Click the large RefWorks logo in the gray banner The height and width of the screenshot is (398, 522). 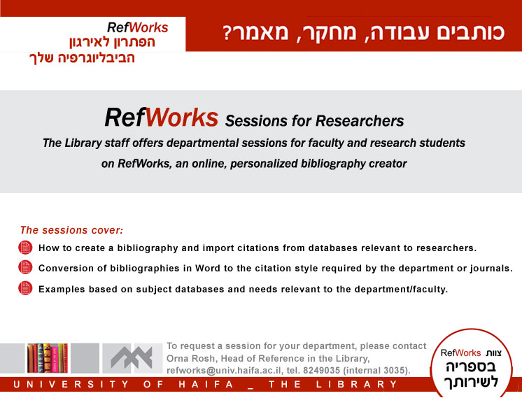tap(162, 118)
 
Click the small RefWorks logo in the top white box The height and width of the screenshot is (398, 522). tap(137, 27)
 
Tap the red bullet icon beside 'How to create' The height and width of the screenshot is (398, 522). tap(25, 248)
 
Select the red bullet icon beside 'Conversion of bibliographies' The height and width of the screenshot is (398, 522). tap(25, 267)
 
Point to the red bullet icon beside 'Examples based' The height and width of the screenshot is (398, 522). tap(25, 288)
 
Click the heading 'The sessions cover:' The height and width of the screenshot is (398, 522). tap(71, 230)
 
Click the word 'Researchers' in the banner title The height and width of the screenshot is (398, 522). tap(360, 121)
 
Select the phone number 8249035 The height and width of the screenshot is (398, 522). tap(322, 371)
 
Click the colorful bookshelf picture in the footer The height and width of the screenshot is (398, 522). tap(48, 358)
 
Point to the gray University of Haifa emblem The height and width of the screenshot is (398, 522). tap(132, 358)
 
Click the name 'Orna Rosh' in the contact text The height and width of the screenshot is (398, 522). tap(190, 358)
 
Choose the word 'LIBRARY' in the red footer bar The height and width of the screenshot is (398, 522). tap(357, 384)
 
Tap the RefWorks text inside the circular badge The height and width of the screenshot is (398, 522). tap(460, 353)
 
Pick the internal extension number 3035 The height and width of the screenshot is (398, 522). tap(398, 371)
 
